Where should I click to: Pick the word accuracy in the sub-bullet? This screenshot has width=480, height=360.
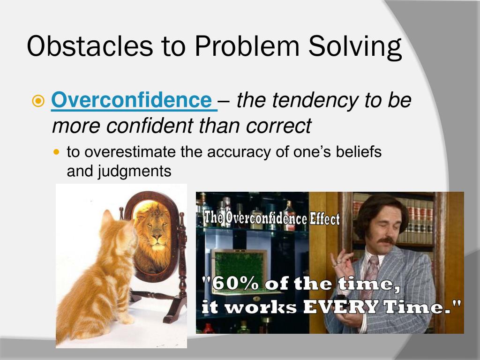click(230, 152)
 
